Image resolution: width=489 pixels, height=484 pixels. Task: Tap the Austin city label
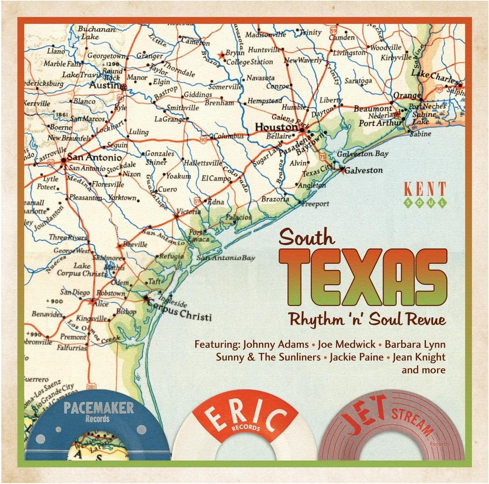(x=105, y=85)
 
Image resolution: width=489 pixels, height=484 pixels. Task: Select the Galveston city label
(x=363, y=170)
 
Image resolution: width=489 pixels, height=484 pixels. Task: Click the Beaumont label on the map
(x=373, y=109)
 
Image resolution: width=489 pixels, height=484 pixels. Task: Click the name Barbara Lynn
(x=415, y=344)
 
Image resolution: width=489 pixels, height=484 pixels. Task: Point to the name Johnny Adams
(x=276, y=344)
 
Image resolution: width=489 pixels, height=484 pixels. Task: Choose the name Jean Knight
(x=419, y=357)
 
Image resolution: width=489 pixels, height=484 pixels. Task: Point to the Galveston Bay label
(x=363, y=154)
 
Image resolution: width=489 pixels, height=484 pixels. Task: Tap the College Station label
(x=249, y=62)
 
